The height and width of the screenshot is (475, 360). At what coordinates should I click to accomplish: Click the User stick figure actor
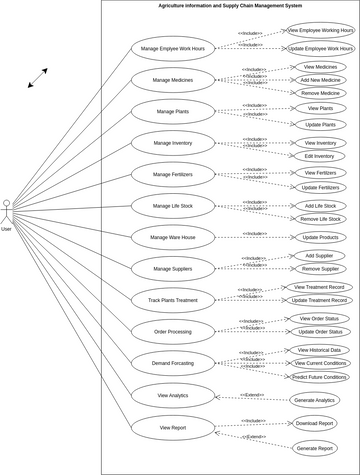(6, 212)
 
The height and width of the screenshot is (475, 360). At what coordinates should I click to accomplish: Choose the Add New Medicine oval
(320, 79)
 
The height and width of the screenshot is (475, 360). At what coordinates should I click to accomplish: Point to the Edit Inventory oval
(320, 156)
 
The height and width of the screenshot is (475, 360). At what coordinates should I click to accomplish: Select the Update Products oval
(320, 237)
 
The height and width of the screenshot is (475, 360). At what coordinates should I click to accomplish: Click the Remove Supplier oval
(320, 269)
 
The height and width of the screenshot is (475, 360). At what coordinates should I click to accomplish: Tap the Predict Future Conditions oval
(320, 377)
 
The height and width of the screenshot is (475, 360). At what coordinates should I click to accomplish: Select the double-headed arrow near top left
(37, 78)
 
